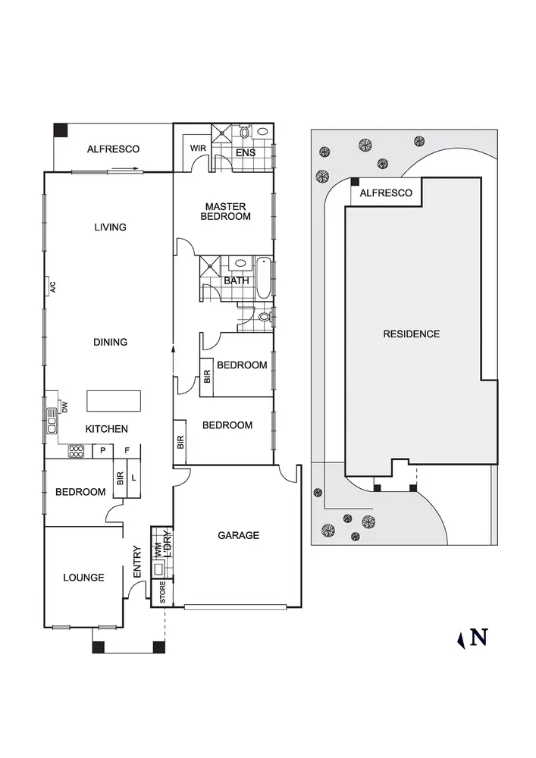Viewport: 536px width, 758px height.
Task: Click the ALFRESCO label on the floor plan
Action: coord(113,149)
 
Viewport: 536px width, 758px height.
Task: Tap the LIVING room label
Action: coord(110,227)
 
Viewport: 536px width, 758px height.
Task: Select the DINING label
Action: coord(110,343)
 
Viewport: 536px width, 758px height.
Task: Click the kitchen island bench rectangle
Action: coord(114,399)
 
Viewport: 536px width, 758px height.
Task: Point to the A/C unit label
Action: coord(53,287)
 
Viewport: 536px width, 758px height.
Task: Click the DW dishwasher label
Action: coord(64,406)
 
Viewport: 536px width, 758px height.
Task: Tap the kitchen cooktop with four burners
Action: coord(77,452)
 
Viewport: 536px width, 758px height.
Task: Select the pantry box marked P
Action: coord(102,451)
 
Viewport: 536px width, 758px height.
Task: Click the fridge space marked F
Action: coord(127,451)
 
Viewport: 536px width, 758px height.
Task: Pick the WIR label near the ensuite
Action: coord(199,148)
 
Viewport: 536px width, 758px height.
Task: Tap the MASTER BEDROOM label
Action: coord(225,211)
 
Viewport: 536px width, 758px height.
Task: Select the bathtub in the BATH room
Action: coord(263,279)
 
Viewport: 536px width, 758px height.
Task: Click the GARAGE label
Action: coord(238,535)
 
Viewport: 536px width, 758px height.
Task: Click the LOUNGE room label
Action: coord(83,578)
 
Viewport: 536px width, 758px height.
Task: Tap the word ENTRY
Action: coord(137,563)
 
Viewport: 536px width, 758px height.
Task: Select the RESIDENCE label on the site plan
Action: coord(411,334)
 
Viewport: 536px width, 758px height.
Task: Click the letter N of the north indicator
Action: coord(478,637)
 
